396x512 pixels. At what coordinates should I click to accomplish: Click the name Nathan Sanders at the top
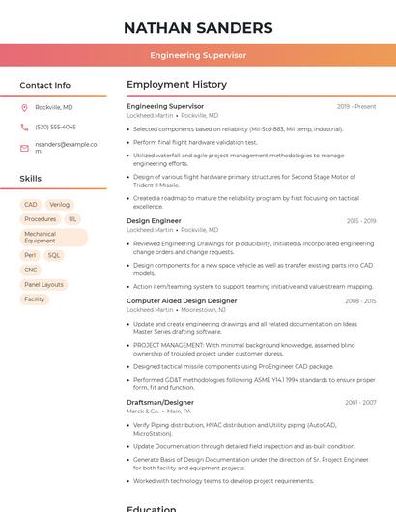tap(198, 27)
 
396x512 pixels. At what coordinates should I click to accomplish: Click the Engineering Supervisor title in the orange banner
tap(198, 56)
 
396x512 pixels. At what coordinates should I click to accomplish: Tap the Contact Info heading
tap(45, 85)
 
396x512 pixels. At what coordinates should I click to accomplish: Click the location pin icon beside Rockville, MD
tap(24, 107)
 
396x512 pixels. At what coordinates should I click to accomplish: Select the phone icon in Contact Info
tap(24, 127)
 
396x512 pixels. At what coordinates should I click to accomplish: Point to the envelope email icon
tap(24, 148)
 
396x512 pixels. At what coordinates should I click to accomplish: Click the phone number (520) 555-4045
tap(55, 127)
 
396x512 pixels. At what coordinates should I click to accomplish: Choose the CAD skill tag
tap(31, 205)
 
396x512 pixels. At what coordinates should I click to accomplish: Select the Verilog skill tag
tap(60, 205)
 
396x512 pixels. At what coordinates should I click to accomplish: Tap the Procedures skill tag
tap(41, 219)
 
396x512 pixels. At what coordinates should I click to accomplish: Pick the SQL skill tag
tap(54, 256)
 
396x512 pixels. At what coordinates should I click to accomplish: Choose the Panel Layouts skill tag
tap(44, 285)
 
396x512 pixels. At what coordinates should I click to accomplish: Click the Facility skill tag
tap(35, 299)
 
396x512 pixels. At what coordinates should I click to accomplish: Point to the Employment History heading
tap(177, 85)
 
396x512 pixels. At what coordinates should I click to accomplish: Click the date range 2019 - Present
tap(356, 106)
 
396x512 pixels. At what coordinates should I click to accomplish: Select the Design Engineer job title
tap(154, 221)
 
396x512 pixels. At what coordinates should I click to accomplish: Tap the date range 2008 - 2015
tap(360, 300)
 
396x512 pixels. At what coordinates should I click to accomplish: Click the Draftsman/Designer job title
tap(160, 402)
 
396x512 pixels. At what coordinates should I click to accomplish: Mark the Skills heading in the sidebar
tap(31, 179)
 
